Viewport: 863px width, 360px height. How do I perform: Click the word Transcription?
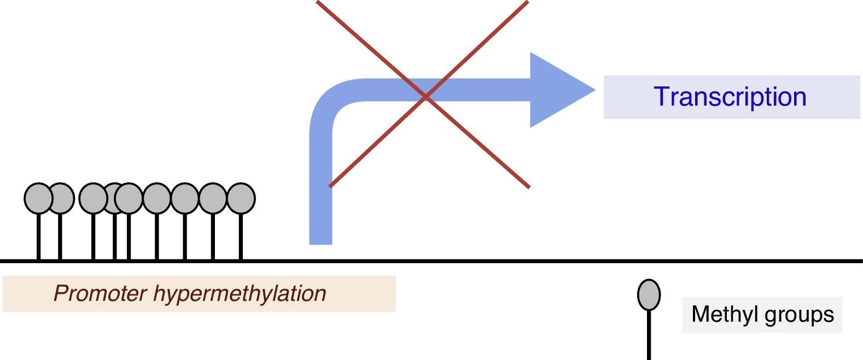(730, 97)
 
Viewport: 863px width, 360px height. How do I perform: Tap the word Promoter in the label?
(100, 294)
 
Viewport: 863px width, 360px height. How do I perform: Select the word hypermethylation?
(240, 294)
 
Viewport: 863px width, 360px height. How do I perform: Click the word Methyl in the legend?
(719, 315)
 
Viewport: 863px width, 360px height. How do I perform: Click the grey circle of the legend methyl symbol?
(649, 294)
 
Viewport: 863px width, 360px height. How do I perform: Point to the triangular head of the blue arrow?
(558, 90)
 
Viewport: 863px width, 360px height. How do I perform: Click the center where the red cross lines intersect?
(425, 97)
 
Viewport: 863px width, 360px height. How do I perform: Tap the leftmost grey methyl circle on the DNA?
(38, 198)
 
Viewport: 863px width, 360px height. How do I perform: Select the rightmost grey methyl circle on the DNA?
(241, 198)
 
